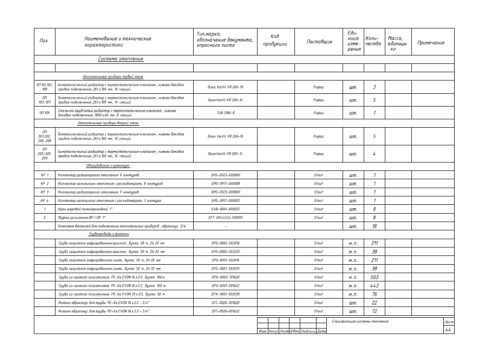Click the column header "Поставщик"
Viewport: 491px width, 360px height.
click(319, 42)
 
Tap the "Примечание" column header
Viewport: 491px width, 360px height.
click(431, 43)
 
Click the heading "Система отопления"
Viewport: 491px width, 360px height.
click(120, 59)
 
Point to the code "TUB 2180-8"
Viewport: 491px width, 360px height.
click(225, 113)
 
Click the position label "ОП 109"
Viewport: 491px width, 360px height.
click(44, 113)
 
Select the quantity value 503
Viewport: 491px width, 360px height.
click(374, 277)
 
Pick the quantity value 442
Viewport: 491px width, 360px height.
click(374, 286)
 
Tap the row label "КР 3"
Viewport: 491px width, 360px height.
click(44, 192)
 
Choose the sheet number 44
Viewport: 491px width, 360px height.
click(448, 330)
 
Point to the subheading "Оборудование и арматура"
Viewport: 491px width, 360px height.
click(104, 166)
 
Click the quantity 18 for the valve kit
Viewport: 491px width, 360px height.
click(374, 226)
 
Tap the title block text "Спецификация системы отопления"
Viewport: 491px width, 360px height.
click(360, 321)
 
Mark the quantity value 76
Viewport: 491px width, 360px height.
click(374, 294)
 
